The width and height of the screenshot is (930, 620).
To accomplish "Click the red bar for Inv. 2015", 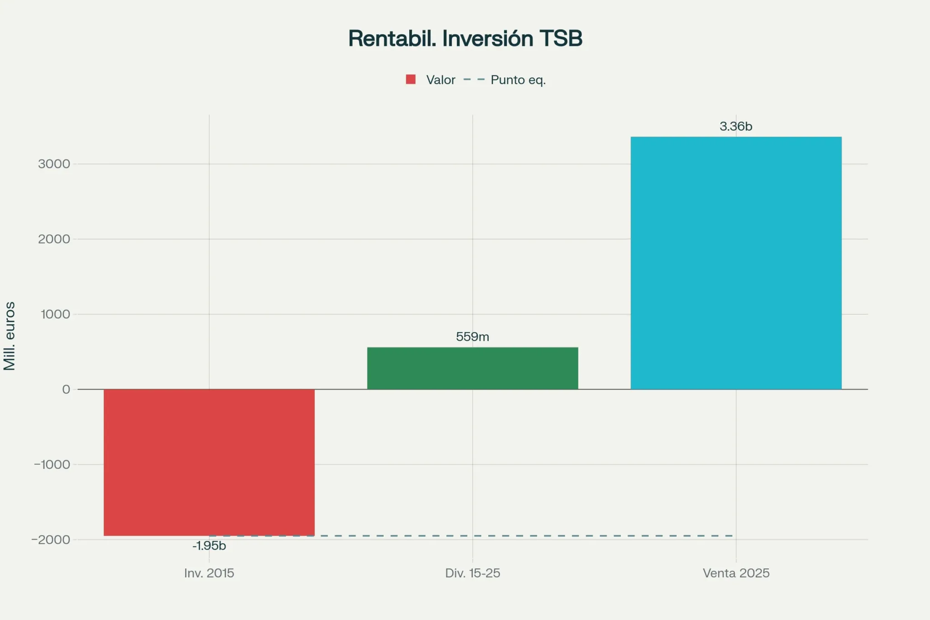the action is point(209,462).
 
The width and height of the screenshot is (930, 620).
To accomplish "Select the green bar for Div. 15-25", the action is point(472,368).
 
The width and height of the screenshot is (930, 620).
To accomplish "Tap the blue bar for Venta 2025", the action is point(736,263).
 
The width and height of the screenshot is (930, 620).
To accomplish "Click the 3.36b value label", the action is point(736,126).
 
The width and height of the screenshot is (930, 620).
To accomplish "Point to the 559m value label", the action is point(472,337).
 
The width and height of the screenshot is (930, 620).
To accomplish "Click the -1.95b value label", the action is point(209,546).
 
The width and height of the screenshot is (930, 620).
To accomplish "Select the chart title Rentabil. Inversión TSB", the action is point(465,38).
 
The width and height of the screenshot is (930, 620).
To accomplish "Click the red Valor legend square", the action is point(411,79).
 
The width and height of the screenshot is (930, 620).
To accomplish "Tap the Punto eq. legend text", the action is point(518,80).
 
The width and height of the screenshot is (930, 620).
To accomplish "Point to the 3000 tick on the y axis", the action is point(54,164).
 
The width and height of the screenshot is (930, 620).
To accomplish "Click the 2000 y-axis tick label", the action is point(54,239).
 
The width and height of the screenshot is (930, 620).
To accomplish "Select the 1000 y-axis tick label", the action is point(55,314).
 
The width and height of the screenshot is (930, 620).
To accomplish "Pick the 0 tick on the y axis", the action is point(66,389).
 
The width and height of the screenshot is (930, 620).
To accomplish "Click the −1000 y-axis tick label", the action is point(52,465).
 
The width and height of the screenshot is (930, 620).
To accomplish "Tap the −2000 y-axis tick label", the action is point(51,540).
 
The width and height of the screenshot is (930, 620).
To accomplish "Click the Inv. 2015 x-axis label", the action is point(209,573).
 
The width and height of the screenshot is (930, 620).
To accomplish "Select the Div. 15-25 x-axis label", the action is point(472,573).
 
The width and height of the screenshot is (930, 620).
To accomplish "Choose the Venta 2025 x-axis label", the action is point(736,573).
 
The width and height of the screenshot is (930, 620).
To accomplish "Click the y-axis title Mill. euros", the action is point(10,336).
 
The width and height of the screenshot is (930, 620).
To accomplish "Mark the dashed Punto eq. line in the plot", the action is point(472,536).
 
